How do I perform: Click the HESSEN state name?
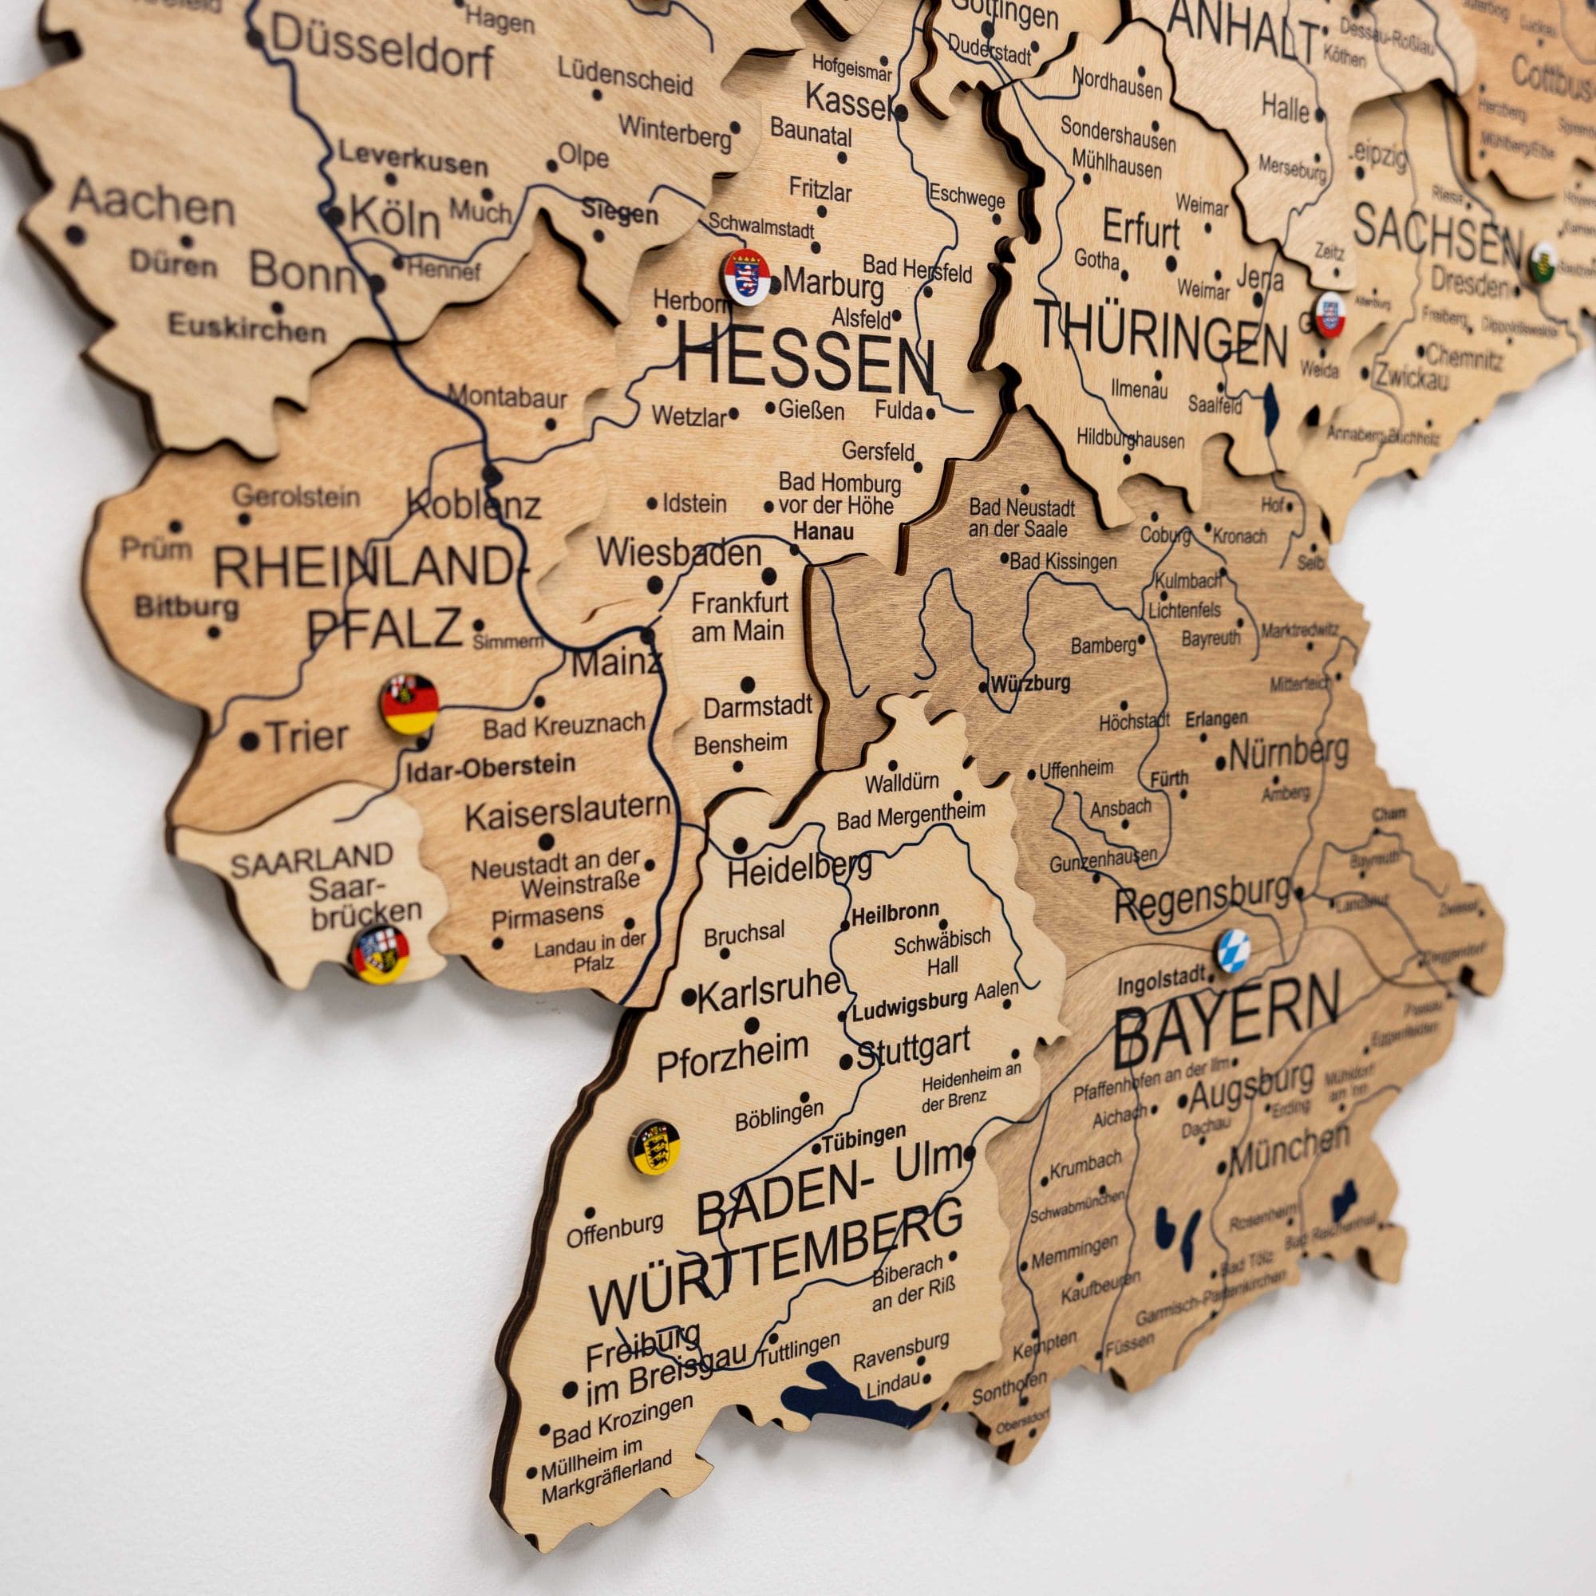pyautogui.click(x=804, y=366)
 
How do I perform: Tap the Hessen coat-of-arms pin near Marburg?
pyautogui.click(x=747, y=278)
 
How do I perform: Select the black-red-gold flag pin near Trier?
pyautogui.click(x=409, y=704)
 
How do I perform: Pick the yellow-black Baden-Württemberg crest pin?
pyautogui.click(x=655, y=1147)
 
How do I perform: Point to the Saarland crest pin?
pyautogui.click(x=380, y=954)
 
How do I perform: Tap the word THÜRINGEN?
pyautogui.click(x=1159, y=334)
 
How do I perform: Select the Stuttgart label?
pyautogui.click(x=913, y=1049)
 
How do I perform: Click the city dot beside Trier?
pyautogui.click(x=249, y=741)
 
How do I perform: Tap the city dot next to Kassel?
pyautogui.click(x=902, y=113)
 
